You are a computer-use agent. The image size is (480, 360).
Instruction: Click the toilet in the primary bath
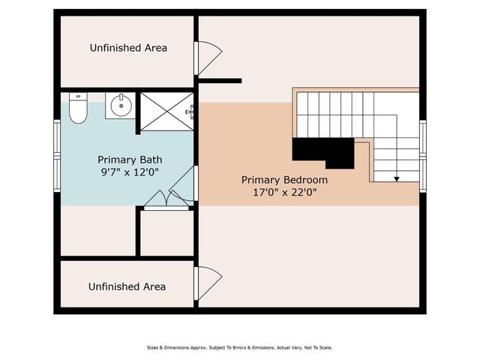[x=78, y=109]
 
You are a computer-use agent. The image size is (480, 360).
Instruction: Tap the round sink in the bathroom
[x=119, y=106]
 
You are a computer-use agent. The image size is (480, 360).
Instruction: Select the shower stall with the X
[x=166, y=111]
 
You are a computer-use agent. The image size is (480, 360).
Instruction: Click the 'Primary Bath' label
[x=130, y=160]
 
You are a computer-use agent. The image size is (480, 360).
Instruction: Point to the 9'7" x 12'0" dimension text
[x=130, y=172]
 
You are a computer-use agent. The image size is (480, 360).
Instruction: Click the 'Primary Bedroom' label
[x=284, y=180]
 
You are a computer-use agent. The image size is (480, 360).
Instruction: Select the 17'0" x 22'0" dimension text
[x=284, y=192]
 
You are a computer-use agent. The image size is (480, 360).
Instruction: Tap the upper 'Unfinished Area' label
[x=128, y=48]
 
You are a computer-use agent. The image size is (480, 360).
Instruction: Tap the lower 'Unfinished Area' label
[x=127, y=286]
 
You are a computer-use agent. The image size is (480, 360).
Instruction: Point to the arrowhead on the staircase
[x=397, y=178]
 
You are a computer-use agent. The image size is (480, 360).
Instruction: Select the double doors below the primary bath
[x=166, y=200]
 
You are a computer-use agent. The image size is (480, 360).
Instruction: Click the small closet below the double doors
[x=166, y=233]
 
